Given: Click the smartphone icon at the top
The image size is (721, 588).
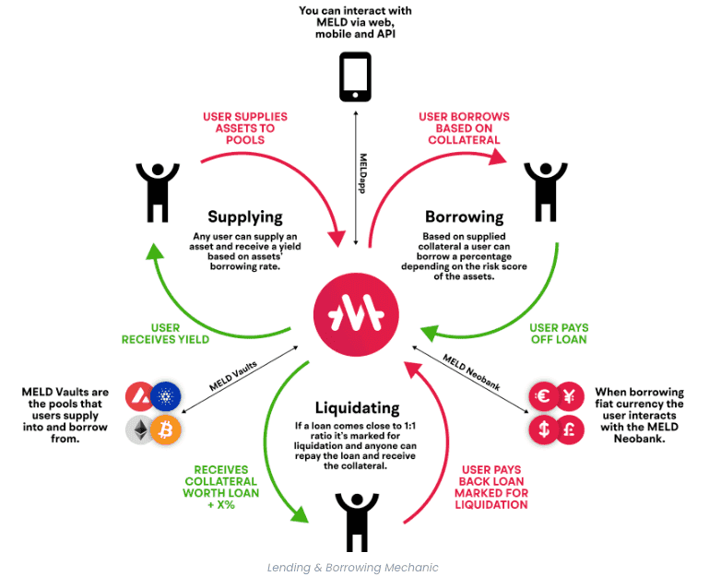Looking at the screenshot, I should tap(355, 76).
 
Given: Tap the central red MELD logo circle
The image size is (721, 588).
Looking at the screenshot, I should tap(358, 317).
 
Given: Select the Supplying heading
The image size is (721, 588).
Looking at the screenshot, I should tap(244, 218).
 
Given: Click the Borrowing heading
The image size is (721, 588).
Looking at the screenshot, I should tap(464, 218).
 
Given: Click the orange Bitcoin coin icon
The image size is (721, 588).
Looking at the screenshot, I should tap(166, 429).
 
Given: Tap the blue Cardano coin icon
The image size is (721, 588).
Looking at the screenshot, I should tap(166, 398).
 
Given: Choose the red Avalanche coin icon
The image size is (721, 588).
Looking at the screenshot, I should tap(139, 398).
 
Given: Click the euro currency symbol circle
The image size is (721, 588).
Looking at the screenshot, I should tap(543, 396).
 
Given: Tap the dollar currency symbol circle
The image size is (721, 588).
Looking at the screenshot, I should tap(543, 429).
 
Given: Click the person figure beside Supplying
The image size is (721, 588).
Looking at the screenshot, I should tap(157, 188).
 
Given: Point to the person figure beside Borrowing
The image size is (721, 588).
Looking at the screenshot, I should tap(545, 188).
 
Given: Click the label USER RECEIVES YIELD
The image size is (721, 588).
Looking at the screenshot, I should tap(166, 334).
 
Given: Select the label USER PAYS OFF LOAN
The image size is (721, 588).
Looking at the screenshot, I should tap(559, 334).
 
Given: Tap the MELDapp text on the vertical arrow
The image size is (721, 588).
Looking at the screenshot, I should tap(363, 172).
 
